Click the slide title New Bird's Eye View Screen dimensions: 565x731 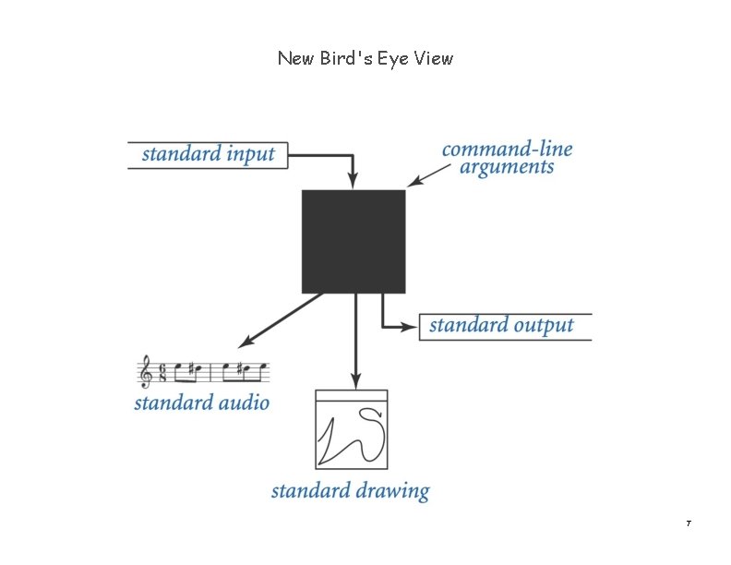[365, 58]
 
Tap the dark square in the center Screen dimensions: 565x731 [354, 241]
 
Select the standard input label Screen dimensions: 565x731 [209, 153]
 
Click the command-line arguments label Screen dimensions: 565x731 [507, 158]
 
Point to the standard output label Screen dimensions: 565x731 [501, 326]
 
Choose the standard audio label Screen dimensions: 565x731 [202, 403]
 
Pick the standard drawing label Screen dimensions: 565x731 [350, 490]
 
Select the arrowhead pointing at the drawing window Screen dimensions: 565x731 [355, 380]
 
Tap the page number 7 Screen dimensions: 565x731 [689, 524]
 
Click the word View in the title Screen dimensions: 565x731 [434, 58]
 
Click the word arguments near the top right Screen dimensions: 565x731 [507, 168]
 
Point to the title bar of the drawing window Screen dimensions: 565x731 [352, 396]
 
